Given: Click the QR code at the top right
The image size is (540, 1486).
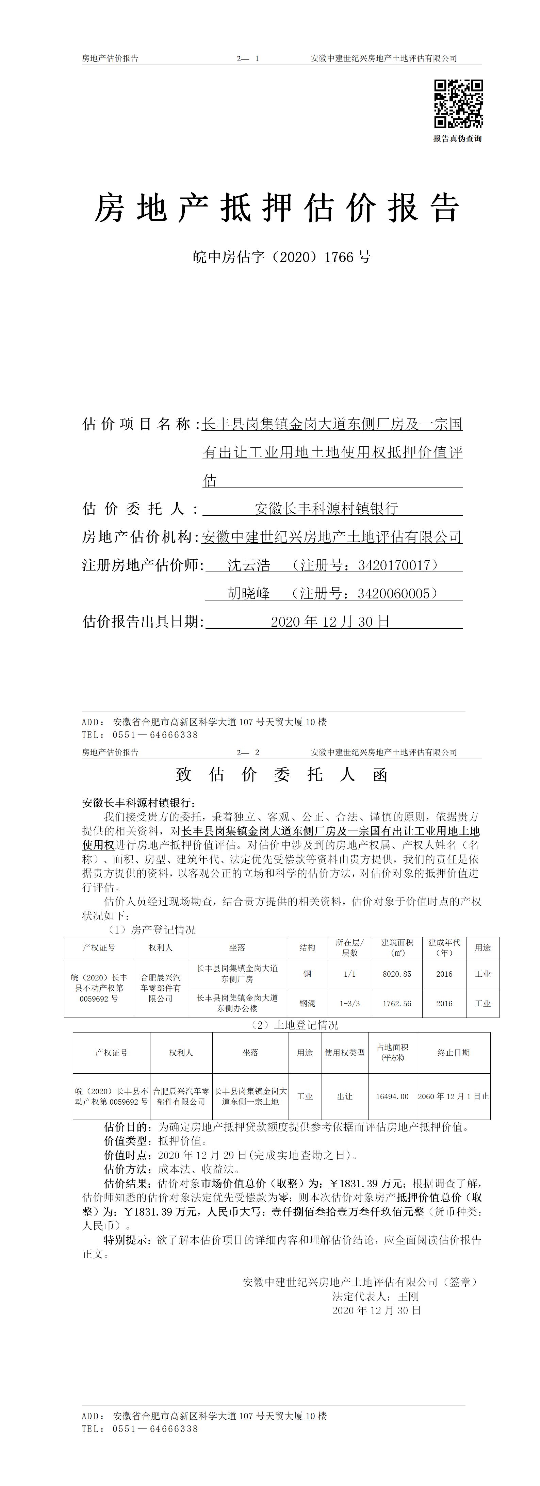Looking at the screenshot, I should pos(458,103).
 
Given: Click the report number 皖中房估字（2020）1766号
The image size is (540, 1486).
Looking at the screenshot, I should pos(281,257).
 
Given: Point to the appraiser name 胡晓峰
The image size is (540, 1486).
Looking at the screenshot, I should pos(249,593).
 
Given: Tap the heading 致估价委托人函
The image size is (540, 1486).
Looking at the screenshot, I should pos(281,775).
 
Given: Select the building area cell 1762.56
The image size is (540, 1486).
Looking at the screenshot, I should pos(397,1003).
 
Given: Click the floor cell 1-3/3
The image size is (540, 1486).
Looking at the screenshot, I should pos(349,1003).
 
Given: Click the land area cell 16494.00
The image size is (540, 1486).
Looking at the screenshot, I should pos(392,1096).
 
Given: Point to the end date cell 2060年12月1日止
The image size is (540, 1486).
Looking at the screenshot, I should pos(454,1096).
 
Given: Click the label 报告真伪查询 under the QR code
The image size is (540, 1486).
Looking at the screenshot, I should pos(458,138).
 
